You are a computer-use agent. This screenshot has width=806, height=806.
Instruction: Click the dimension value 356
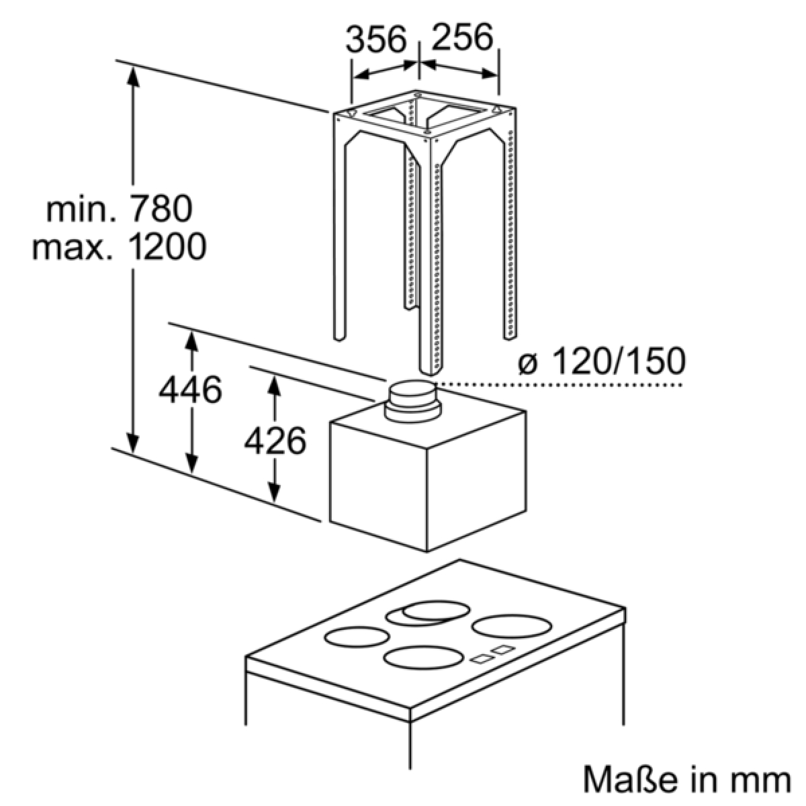tap(376, 39)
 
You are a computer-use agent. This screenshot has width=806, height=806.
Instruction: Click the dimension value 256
tap(463, 38)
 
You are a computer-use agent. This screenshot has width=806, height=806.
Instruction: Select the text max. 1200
tap(119, 247)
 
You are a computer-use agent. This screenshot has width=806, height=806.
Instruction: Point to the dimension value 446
tap(190, 390)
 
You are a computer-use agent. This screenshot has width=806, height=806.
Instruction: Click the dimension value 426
tap(275, 441)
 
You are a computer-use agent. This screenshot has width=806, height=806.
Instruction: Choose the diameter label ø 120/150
tap(601, 361)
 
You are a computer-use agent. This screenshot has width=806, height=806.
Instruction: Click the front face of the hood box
tap(377, 486)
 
